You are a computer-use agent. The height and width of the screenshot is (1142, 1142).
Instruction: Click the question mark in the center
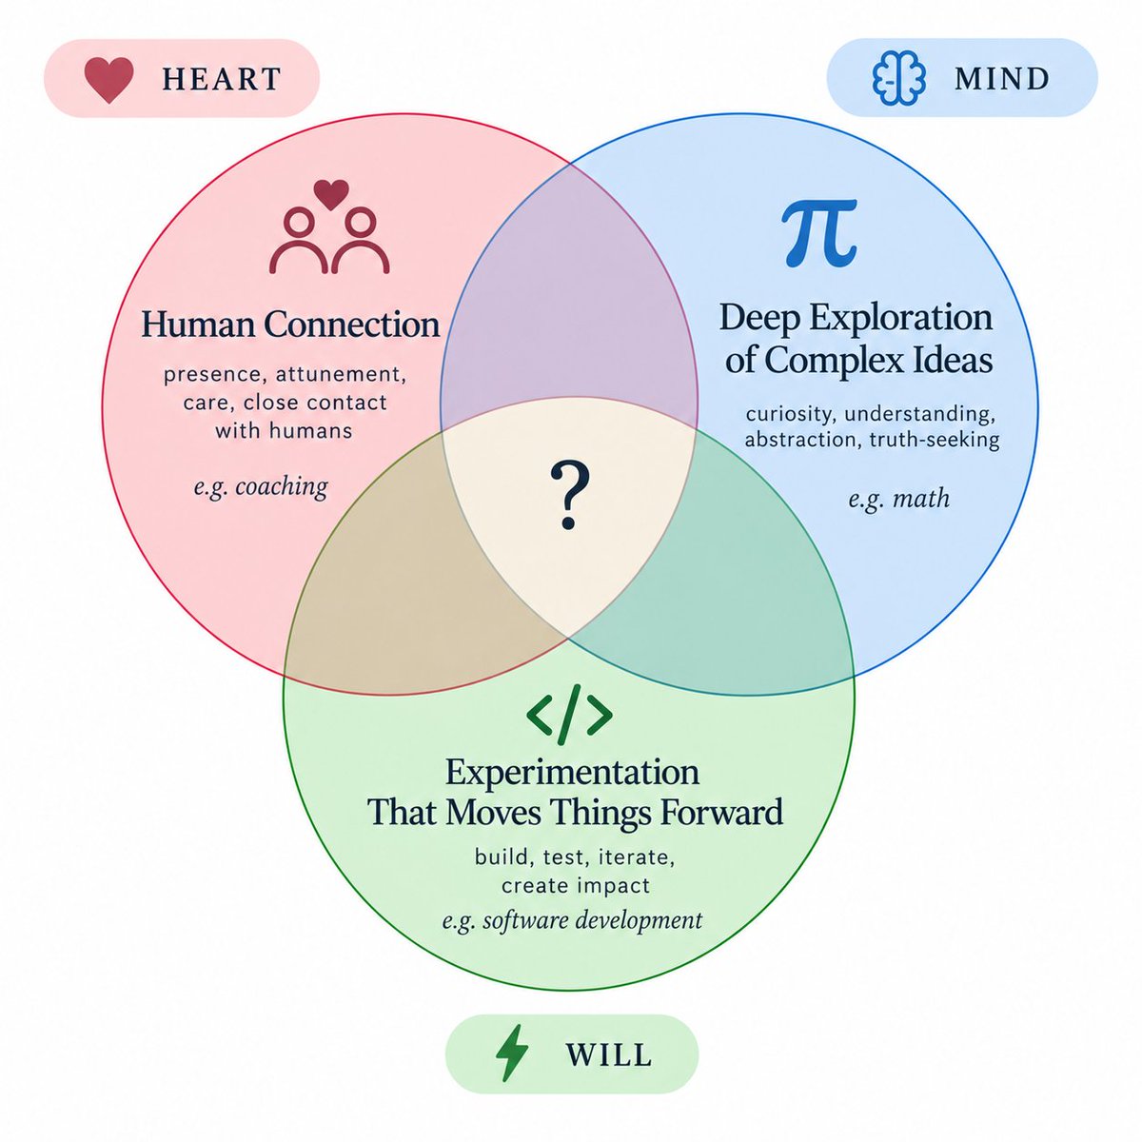(569, 495)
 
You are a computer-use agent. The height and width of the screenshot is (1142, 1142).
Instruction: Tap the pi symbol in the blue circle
(819, 233)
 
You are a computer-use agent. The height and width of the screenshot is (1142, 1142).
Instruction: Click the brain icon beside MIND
(898, 78)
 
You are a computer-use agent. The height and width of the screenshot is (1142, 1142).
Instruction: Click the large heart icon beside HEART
(109, 80)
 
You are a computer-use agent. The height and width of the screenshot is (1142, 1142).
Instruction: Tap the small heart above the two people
(330, 195)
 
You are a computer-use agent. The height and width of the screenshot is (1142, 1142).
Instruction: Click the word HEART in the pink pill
(222, 79)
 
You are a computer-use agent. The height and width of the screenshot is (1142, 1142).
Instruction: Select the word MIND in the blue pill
(1001, 79)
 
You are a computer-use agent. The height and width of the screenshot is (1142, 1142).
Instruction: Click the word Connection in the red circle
(352, 325)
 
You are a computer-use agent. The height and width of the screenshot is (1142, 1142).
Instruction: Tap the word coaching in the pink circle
(282, 487)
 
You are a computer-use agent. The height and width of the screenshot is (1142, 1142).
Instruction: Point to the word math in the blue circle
(921, 498)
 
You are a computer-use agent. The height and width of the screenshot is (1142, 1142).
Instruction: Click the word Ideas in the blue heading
(955, 359)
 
